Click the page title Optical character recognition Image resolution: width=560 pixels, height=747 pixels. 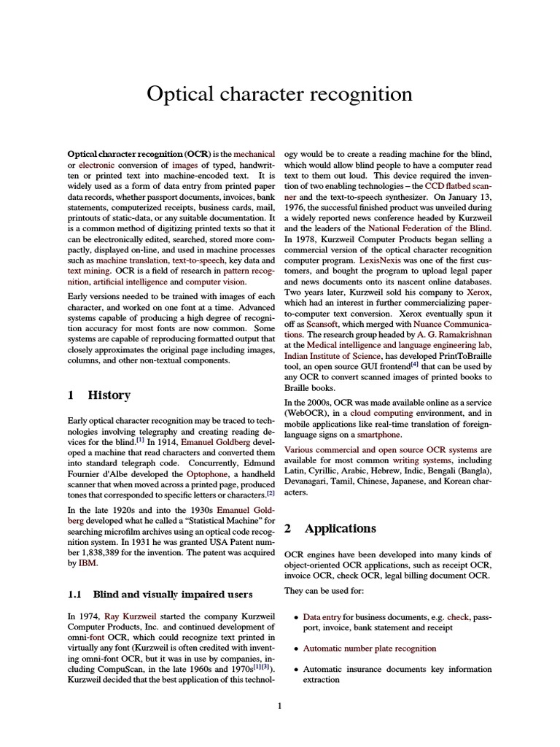click(x=279, y=94)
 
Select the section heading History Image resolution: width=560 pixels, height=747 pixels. click(x=109, y=395)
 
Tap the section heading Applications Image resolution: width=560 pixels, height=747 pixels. click(x=340, y=528)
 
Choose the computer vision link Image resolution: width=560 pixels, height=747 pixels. click(x=216, y=282)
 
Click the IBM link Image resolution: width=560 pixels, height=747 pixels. click(x=87, y=563)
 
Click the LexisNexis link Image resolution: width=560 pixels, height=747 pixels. click(x=380, y=260)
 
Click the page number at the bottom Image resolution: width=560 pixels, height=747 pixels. click(x=279, y=705)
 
